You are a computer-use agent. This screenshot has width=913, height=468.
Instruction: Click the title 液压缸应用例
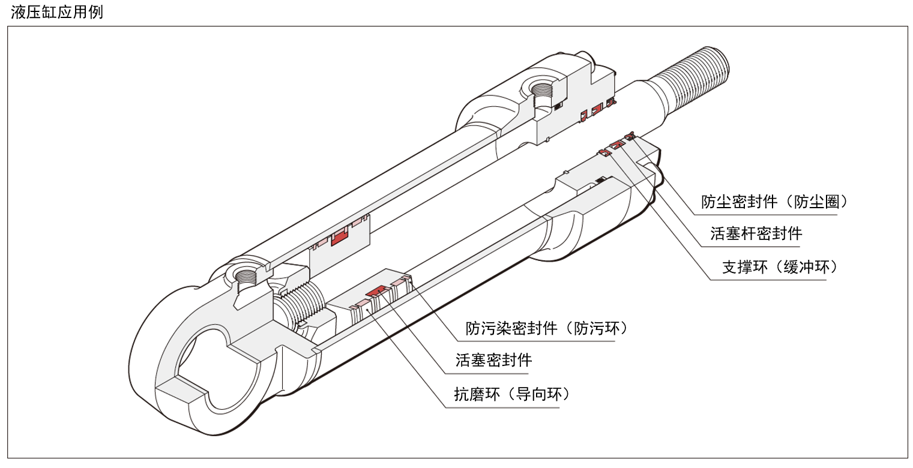[57, 13]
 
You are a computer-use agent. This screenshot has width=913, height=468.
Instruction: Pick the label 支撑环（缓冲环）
[779, 268]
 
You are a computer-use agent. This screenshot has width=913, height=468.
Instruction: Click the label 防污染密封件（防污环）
[546, 328]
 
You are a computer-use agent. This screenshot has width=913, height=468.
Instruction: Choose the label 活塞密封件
[494, 360]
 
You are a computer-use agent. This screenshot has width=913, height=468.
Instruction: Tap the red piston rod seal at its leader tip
[616, 145]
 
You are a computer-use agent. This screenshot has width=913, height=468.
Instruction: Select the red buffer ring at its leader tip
[604, 153]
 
